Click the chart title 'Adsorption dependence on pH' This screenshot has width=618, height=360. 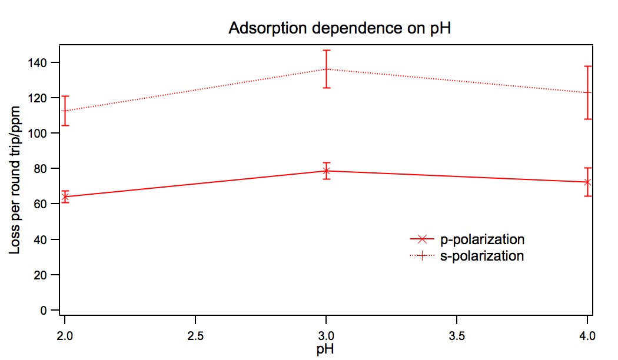click(x=340, y=28)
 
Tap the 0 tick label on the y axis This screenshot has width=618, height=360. click(x=51, y=310)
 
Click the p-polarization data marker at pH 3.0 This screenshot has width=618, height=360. click(x=326, y=171)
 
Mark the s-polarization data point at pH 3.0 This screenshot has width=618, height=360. click(x=326, y=69)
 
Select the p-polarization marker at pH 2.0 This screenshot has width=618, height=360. click(x=65, y=196)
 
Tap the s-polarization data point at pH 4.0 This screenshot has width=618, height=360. click(x=587, y=92)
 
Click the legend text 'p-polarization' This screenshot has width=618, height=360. click(x=482, y=239)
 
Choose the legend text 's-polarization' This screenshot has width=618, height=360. click(x=482, y=256)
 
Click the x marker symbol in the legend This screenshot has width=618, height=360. click(x=421, y=239)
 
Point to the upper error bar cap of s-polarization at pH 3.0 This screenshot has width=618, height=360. click(x=326, y=51)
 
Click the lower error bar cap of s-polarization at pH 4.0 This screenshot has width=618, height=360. click(x=587, y=119)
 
